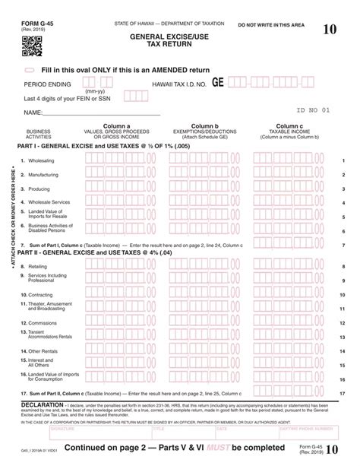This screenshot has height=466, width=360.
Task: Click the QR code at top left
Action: pos(31,47)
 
